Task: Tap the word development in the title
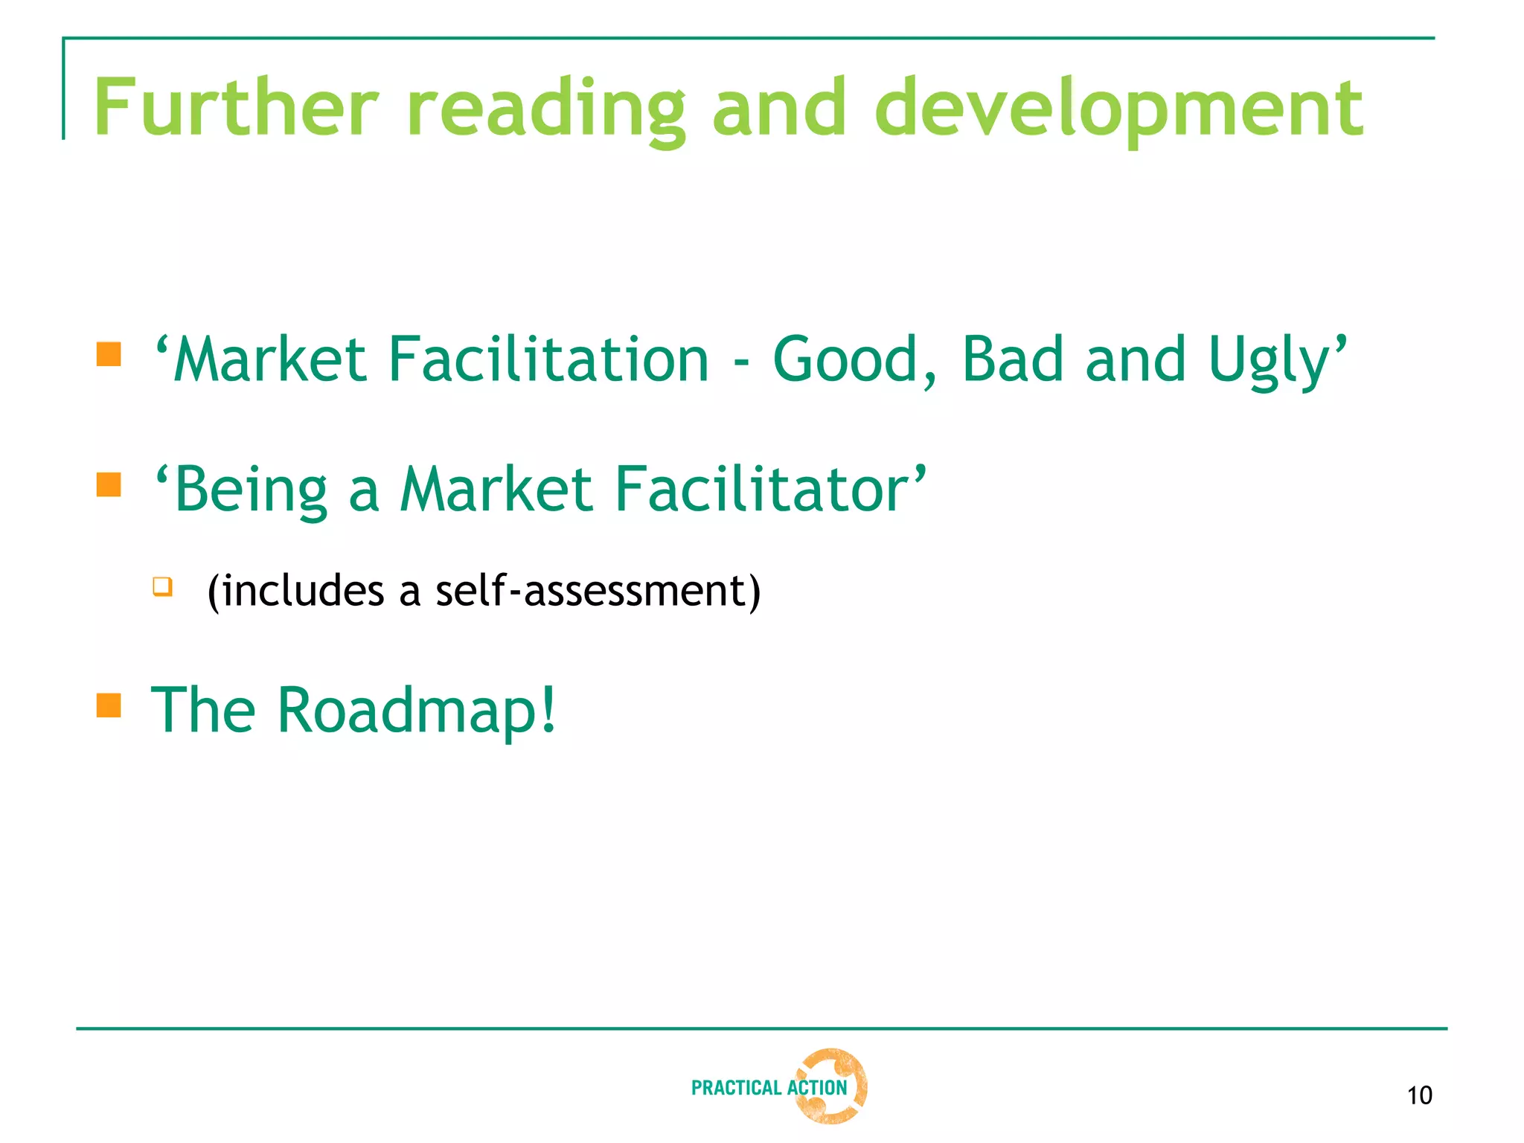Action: coord(1118,109)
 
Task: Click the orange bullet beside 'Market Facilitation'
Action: coord(109,354)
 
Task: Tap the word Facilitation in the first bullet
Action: coord(548,360)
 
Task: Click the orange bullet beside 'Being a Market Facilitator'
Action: coord(109,484)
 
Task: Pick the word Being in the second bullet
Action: coord(251,490)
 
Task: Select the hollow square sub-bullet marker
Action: coord(162,586)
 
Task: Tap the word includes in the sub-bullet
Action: coord(303,591)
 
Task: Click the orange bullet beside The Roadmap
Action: coord(109,705)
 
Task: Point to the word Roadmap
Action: coord(416,711)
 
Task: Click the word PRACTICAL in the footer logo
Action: coord(736,1088)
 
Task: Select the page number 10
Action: coord(1419,1095)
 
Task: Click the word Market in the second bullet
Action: coord(496,490)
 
